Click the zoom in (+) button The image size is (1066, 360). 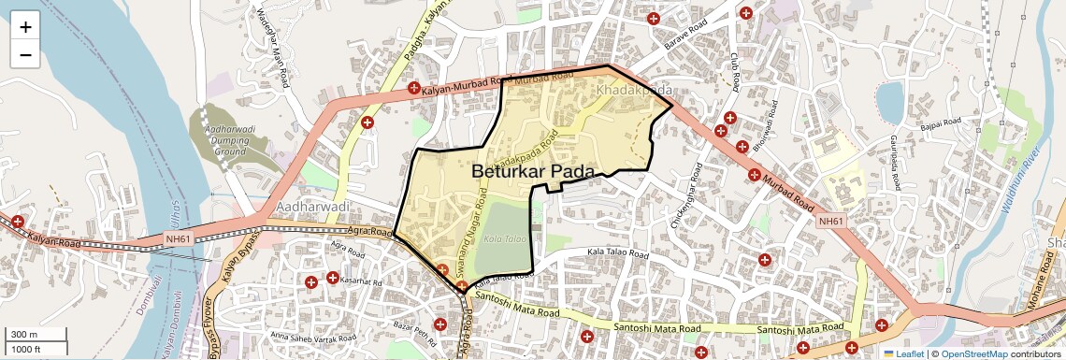(25, 27)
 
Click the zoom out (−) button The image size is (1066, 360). (25, 55)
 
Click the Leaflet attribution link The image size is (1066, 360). (905, 353)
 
